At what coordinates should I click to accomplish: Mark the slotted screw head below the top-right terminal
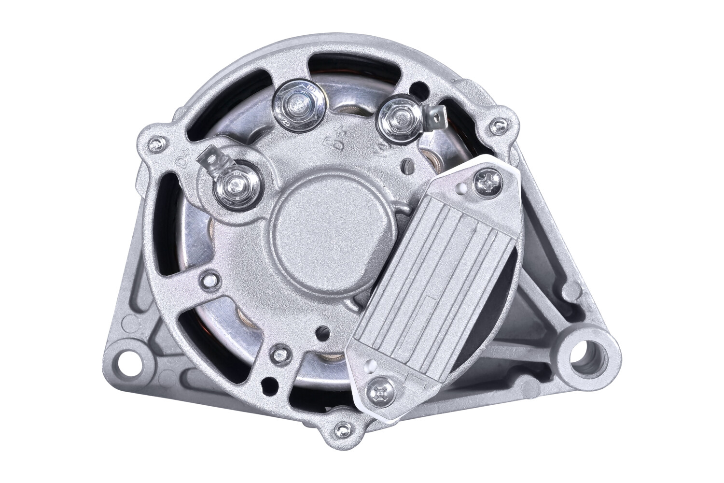pos(409,164)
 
